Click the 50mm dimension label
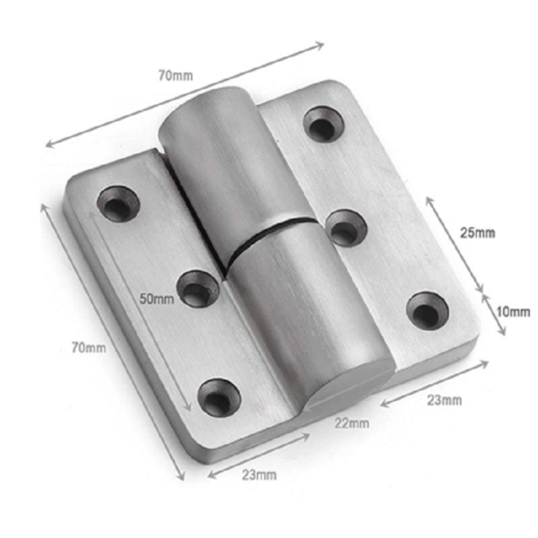[156, 299]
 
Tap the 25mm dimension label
[477, 233]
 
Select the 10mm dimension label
[513, 312]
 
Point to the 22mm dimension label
[352, 423]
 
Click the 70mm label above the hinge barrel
[176, 75]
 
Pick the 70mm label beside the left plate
[89, 348]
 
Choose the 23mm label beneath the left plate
[259, 475]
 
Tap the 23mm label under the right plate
[445, 400]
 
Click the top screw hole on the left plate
[118, 204]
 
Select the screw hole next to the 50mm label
[198, 289]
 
